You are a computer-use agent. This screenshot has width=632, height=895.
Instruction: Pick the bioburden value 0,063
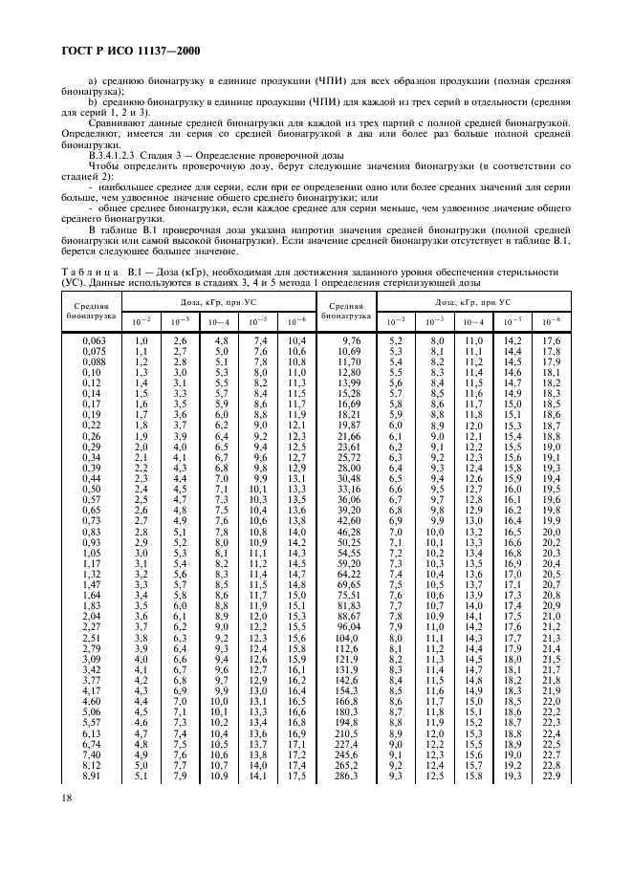(x=93, y=340)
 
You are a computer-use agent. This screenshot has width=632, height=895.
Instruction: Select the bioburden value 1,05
(x=93, y=553)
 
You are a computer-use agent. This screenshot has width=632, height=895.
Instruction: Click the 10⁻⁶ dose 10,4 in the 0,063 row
(x=297, y=340)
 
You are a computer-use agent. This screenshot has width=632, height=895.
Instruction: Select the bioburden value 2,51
(x=93, y=637)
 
